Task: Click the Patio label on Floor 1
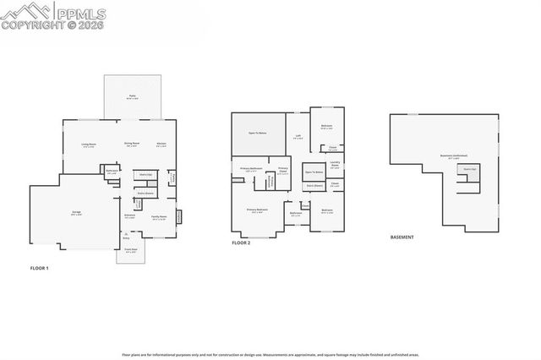point(131,97)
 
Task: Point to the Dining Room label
point(131,145)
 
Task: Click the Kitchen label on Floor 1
point(162,145)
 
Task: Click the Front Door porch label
point(131,250)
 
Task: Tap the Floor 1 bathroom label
point(112,172)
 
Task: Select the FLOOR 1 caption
point(40,267)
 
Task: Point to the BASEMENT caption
point(402,237)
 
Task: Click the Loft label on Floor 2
point(298,137)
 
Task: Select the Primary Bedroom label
point(256,210)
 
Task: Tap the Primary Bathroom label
point(251,169)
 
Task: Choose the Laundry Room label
point(335,164)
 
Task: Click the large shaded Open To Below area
point(258,134)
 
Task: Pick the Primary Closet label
point(283,172)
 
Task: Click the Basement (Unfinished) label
point(453,156)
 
